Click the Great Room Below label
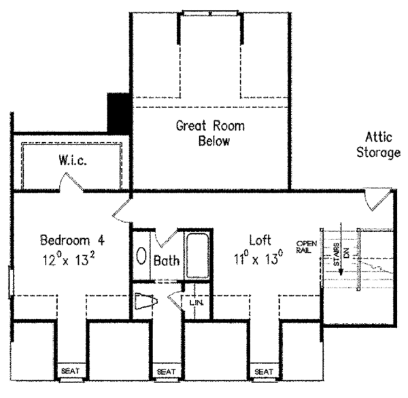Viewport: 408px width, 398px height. pos(210,133)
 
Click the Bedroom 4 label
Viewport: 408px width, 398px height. pos(72,240)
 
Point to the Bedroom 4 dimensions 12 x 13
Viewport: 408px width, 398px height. pos(72,258)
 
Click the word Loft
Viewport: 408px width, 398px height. pos(260,240)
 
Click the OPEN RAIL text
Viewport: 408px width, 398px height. pos(303,246)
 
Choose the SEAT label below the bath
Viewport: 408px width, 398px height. pos(166,371)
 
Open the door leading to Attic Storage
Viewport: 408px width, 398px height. pos(374,199)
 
